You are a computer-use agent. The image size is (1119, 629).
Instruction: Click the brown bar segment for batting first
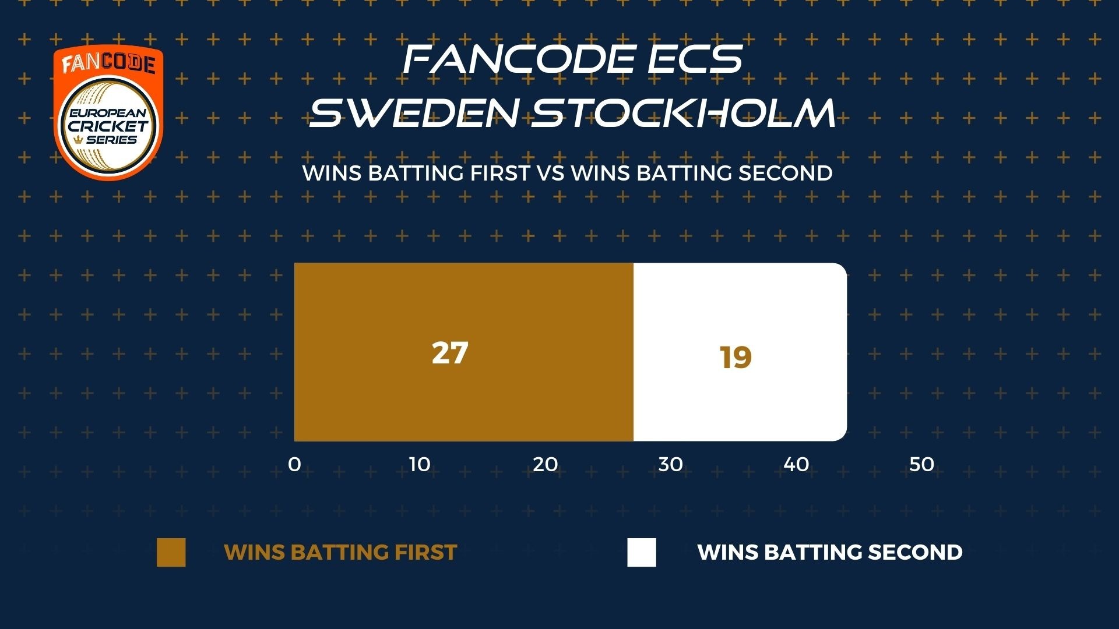click(x=464, y=352)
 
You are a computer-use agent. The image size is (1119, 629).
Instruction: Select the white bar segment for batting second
click(x=740, y=352)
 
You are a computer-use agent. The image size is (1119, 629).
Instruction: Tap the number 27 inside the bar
click(x=450, y=353)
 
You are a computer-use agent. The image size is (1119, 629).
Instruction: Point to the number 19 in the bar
click(x=736, y=358)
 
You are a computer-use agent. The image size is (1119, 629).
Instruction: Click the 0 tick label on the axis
click(x=295, y=464)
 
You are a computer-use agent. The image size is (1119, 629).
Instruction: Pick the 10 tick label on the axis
click(x=420, y=464)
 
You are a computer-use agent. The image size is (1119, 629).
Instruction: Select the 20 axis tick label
click(x=546, y=464)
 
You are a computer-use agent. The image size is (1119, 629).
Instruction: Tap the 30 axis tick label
click(x=671, y=464)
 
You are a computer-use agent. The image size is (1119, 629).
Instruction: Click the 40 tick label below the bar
click(x=796, y=464)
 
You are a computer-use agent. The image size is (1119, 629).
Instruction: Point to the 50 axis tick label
click(x=921, y=464)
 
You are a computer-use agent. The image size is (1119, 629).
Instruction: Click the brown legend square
click(x=171, y=552)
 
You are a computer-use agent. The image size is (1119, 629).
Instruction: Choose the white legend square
click(x=642, y=552)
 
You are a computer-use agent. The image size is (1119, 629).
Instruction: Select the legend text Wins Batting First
click(x=340, y=552)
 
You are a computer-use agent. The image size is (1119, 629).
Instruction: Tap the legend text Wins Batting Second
click(x=830, y=552)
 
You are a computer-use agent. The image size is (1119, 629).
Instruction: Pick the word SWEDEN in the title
click(x=413, y=112)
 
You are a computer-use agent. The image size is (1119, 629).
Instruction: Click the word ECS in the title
click(x=695, y=59)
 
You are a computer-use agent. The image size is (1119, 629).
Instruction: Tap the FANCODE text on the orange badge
click(x=108, y=63)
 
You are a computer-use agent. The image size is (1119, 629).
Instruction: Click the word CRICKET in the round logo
click(x=108, y=126)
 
